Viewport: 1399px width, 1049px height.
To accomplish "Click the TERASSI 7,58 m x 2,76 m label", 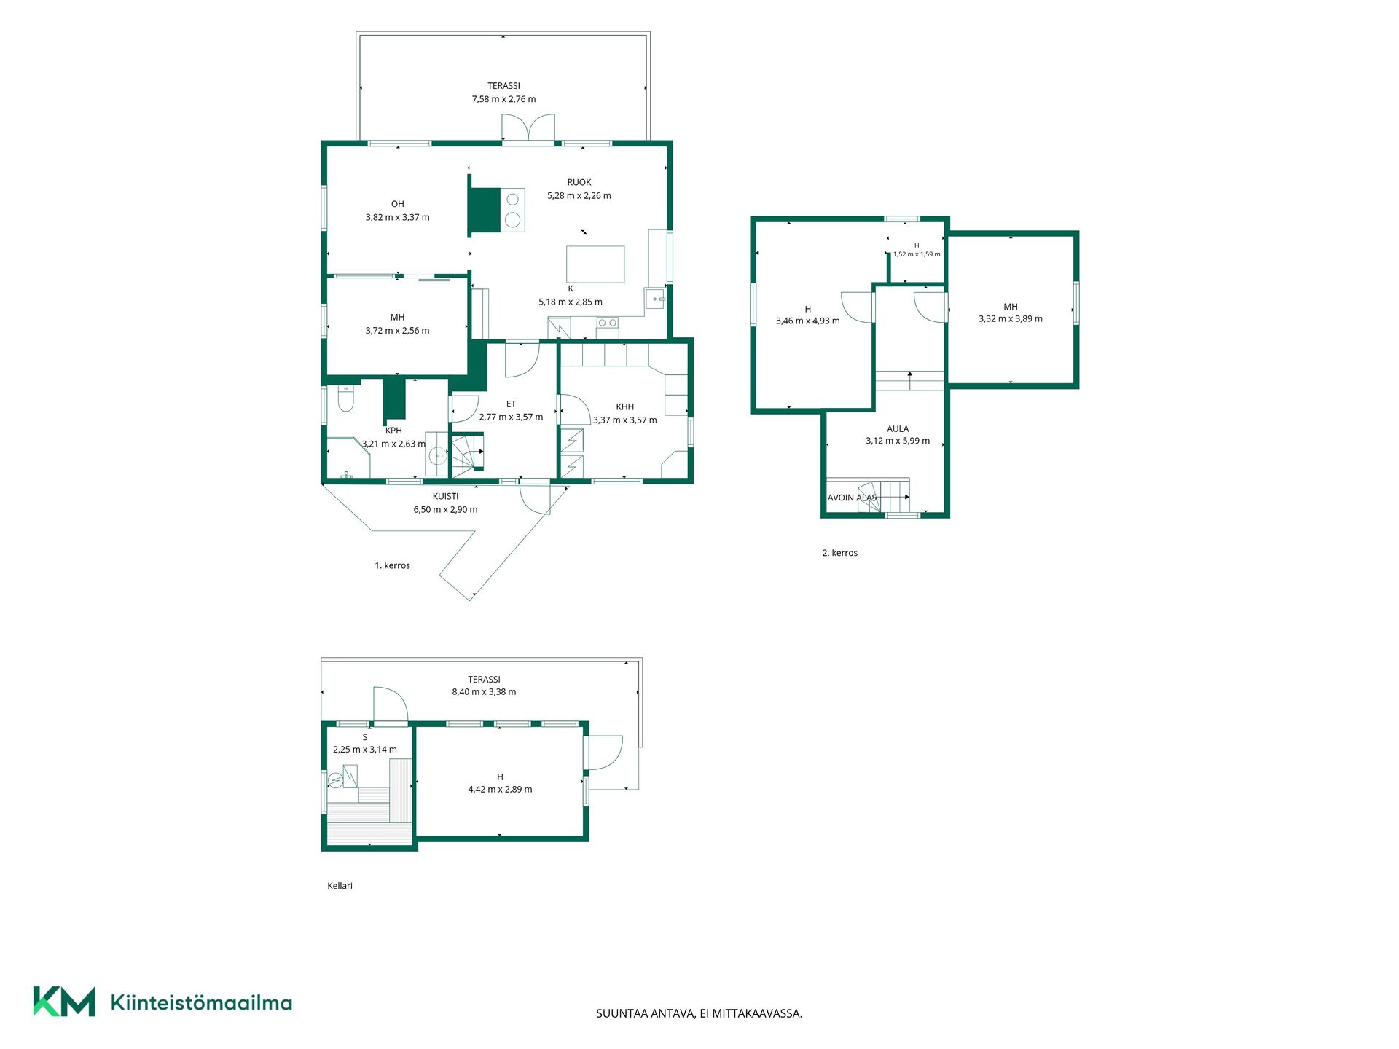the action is pos(503,93).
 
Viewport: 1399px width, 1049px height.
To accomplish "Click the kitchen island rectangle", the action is pos(595,264).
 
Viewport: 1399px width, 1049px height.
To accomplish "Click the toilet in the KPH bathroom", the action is pos(346,398).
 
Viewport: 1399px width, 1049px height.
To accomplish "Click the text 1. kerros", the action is pos(392,565).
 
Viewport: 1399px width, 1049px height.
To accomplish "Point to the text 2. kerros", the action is pos(839,553).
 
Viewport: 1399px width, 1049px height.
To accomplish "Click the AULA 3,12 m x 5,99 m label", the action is pos(898,435).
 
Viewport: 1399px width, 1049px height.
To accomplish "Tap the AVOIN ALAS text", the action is pos(852,498).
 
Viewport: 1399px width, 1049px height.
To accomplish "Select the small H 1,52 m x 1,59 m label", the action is pos(917,250).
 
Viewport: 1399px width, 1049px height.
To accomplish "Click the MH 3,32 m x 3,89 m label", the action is pos(1010,313).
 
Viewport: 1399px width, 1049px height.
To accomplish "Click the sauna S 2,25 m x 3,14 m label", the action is pos(365,743).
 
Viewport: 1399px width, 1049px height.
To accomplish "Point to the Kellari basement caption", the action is pos(340,886).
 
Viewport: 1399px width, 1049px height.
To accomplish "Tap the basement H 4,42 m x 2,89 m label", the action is pos(500,783).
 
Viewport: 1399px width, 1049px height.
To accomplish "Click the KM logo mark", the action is pos(64,1002).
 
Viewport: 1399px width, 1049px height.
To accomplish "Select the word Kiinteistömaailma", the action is pos(201,1002).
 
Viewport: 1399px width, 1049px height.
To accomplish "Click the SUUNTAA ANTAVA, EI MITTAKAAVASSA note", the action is pos(699,1013).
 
